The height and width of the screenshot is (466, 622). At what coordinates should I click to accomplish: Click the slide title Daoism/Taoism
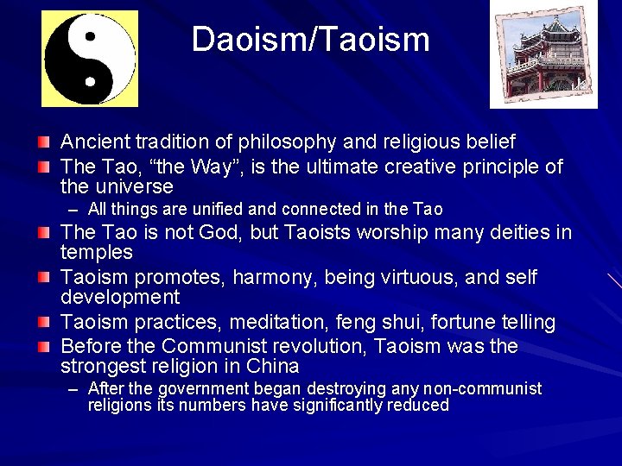[x=310, y=40]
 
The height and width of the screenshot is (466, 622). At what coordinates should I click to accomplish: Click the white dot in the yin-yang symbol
[x=89, y=82]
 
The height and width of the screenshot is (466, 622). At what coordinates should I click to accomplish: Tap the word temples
[x=96, y=253]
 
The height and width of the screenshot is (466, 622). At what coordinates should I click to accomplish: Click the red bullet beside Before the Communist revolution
[x=44, y=346]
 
